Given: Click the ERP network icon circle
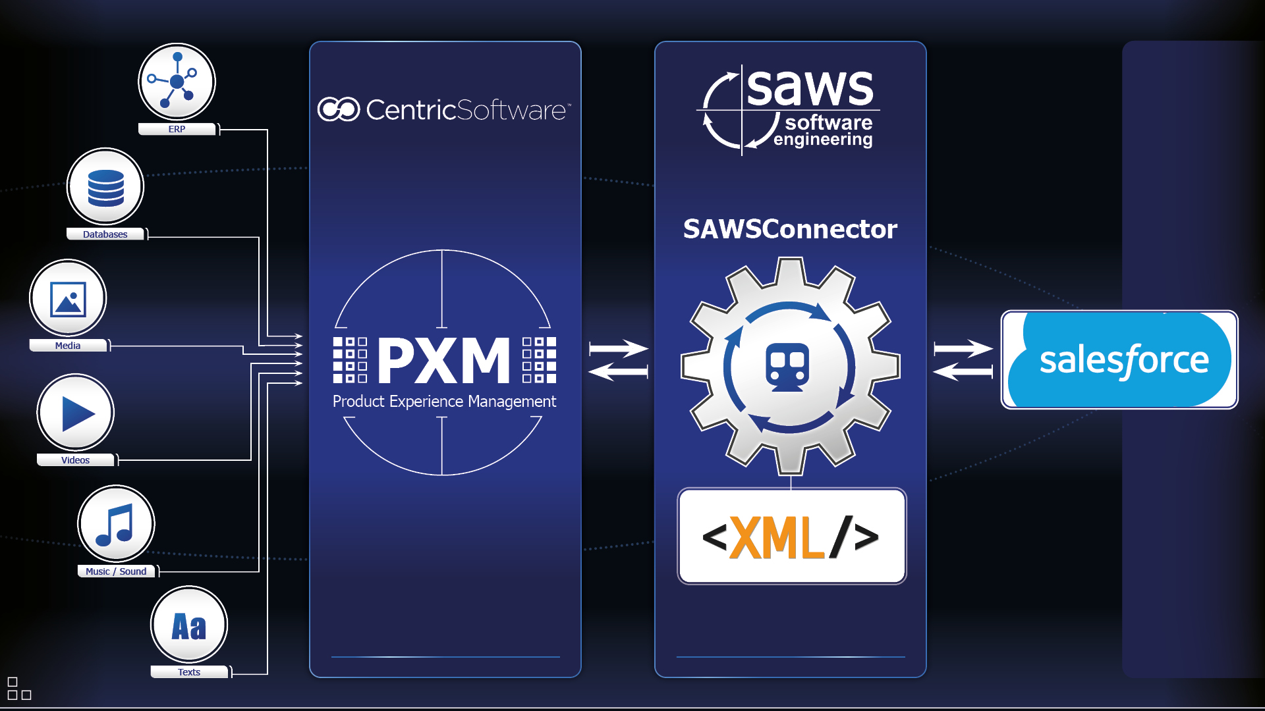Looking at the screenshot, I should [177, 82].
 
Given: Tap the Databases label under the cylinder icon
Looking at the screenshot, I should [105, 234].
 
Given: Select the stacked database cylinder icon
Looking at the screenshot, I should [105, 187].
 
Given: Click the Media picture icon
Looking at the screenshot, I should [68, 299].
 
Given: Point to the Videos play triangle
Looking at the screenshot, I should [77, 413].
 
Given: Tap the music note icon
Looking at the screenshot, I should [116, 525].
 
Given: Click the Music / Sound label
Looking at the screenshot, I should [116, 571].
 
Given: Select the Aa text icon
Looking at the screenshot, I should [189, 626].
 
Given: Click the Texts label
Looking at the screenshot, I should [189, 672].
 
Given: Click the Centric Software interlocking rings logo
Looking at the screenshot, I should [339, 109].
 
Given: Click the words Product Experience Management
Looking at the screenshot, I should [444, 402].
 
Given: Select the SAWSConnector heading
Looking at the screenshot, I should [790, 229].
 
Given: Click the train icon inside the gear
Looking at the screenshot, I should [787, 367].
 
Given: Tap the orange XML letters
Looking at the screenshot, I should [777, 538].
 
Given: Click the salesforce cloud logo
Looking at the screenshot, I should [1120, 359].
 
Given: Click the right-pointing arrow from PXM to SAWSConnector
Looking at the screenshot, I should [618, 348].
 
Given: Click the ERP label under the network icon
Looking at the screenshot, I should [177, 129].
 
